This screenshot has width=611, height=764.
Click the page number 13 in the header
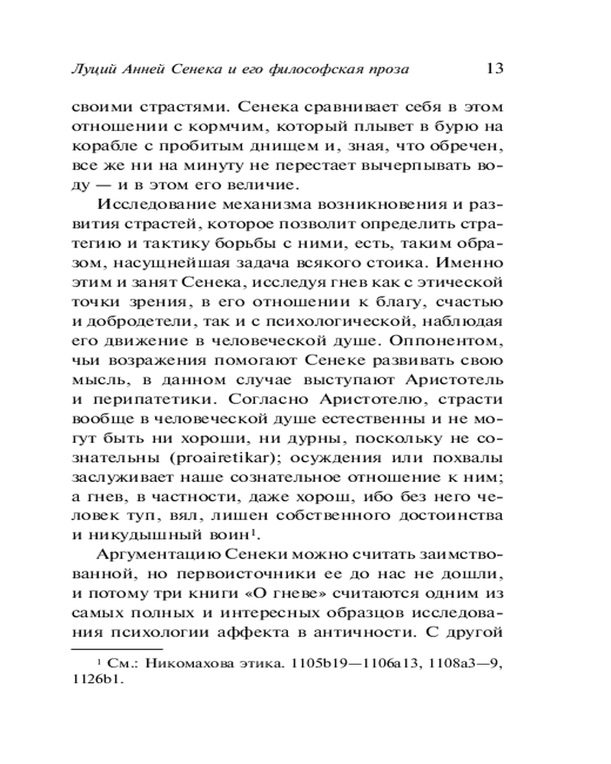493,68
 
